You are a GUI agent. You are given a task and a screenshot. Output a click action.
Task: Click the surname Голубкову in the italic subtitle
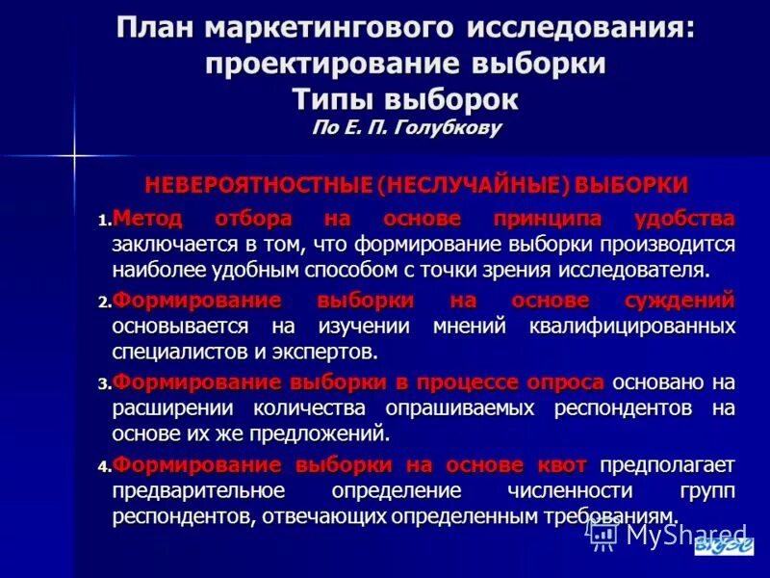449,127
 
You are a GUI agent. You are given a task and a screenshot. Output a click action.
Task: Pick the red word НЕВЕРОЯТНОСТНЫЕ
258,184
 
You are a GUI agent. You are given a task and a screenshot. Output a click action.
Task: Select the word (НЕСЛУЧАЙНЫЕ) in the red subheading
459,184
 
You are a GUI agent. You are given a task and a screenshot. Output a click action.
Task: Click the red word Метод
147,218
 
